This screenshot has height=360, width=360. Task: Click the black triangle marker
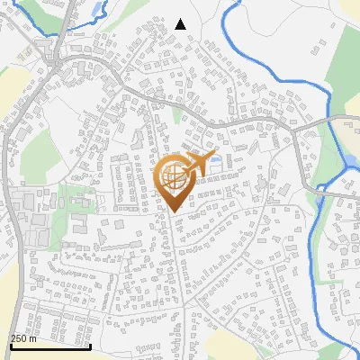(180, 24)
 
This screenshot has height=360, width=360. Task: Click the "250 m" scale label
(23, 338)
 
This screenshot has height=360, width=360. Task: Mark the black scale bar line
(50, 346)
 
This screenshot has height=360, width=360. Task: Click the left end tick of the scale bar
(11, 345)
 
